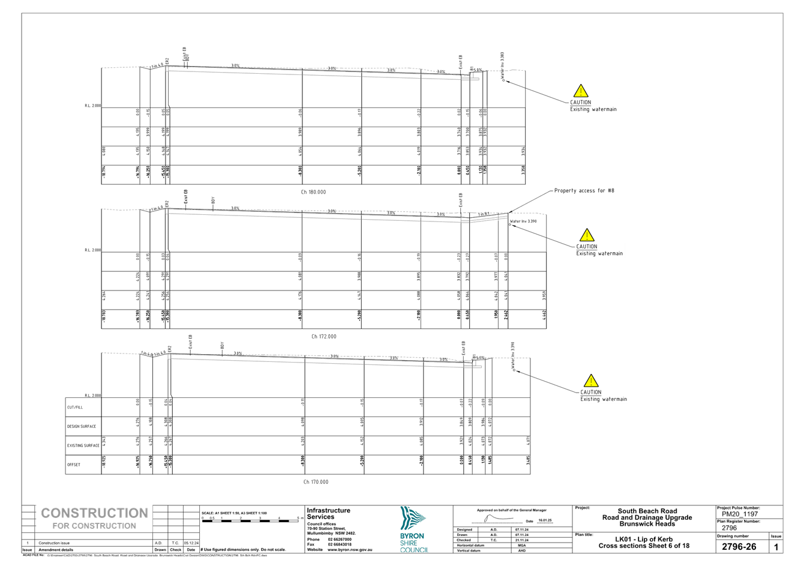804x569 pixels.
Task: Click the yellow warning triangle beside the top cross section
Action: [580, 91]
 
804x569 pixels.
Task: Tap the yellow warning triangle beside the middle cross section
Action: [586, 235]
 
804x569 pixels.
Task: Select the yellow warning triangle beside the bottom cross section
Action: [591, 381]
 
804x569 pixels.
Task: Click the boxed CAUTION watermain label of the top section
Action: [593, 106]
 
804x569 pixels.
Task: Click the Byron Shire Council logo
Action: [414, 531]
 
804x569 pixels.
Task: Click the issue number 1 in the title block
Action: [776, 547]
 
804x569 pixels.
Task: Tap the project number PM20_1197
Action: [740, 514]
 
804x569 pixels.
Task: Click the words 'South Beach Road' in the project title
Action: [647, 511]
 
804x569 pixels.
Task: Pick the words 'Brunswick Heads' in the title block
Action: [647, 523]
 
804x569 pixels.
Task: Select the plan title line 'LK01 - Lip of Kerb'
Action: [643, 539]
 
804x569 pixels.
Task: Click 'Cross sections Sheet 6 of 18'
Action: [643, 546]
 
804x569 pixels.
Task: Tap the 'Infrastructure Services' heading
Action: [328, 513]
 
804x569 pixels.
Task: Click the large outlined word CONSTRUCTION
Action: [94, 514]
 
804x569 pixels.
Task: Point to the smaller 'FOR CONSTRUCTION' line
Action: [94, 526]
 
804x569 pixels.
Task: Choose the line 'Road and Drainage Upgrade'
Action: [647, 517]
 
